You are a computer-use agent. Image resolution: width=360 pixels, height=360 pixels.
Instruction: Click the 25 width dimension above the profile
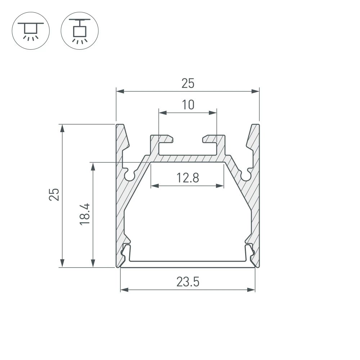pos(188,84)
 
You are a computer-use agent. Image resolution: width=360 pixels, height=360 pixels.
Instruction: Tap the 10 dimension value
pos(188,105)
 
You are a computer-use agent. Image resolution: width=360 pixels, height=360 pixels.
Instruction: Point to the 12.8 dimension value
pos(188,178)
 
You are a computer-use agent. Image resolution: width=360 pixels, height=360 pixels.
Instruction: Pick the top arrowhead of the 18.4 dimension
pos(93,166)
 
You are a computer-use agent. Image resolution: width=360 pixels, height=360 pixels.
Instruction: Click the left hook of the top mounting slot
pos(166,139)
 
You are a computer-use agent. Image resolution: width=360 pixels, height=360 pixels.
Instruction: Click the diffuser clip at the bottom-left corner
pos(126,252)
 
